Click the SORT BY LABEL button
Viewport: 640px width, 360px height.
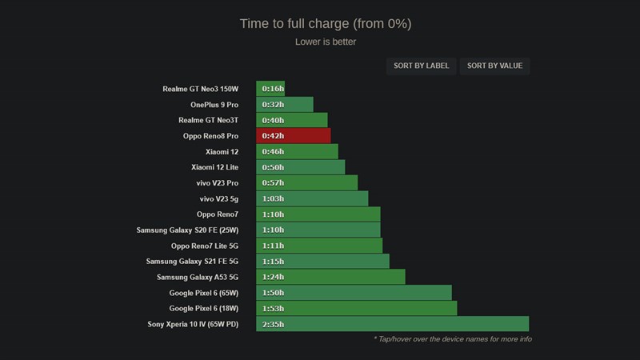(x=422, y=66)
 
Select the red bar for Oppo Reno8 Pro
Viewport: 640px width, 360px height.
(x=294, y=136)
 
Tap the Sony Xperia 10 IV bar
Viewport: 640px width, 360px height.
(x=392, y=324)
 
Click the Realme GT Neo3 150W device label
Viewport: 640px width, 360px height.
(x=200, y=89)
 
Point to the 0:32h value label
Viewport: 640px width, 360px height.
(x=274, y=105)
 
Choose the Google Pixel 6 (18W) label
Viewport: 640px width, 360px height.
(x=204, y=308)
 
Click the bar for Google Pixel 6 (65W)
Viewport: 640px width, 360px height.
(x=354, y=293)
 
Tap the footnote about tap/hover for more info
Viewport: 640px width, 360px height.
(x=452, y=339)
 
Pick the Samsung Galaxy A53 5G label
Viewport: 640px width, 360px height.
(x=198, y=277)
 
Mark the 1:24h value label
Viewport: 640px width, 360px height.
(x=274, y=277)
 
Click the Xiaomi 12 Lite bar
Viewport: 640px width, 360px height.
(x=301, y=167)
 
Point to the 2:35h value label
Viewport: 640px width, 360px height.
(x=274, y=324)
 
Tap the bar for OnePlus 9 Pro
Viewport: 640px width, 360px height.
(x=285, y=105)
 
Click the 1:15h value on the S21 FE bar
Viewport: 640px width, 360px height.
(x=274, y=262)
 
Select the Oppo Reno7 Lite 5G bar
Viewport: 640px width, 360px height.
(x=319, y=246)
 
